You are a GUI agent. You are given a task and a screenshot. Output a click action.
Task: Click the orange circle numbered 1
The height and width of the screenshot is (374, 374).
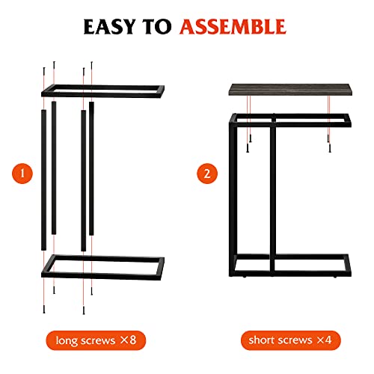(x=24, y=174)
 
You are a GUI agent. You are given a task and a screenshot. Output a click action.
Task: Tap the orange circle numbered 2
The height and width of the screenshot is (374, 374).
(x=206, y=174)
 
